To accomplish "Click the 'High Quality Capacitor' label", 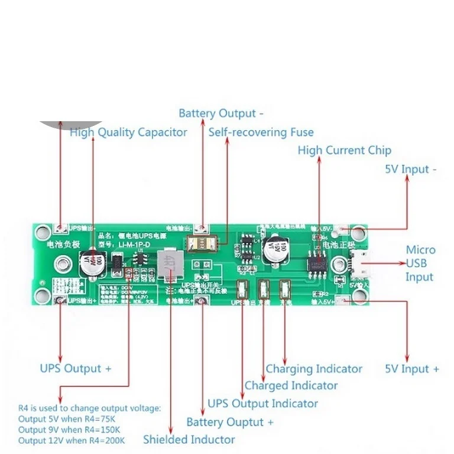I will (x=128, y=132).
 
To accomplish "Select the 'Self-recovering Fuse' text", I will (x=261, y=132).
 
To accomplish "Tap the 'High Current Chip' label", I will (x=344, y=150).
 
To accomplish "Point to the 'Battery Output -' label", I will (x=221, y=113).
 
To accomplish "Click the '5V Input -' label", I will (x=411, y=169).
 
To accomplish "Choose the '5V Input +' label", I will (x=412, y=369).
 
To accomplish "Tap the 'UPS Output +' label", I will (x=76, y=368).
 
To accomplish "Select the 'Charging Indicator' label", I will (x=314, y=369).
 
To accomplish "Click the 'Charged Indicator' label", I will (x=291, y=385).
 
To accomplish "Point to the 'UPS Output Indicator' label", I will (x=262, y=404).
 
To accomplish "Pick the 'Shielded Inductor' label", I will (x=189, y=439).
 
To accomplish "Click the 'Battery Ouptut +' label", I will (x=230, y=422).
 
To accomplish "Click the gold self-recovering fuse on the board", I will (x=202, y=242).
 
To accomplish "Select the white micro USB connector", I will (x=359, y=264).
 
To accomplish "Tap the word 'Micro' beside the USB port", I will (x=420, y=250).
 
